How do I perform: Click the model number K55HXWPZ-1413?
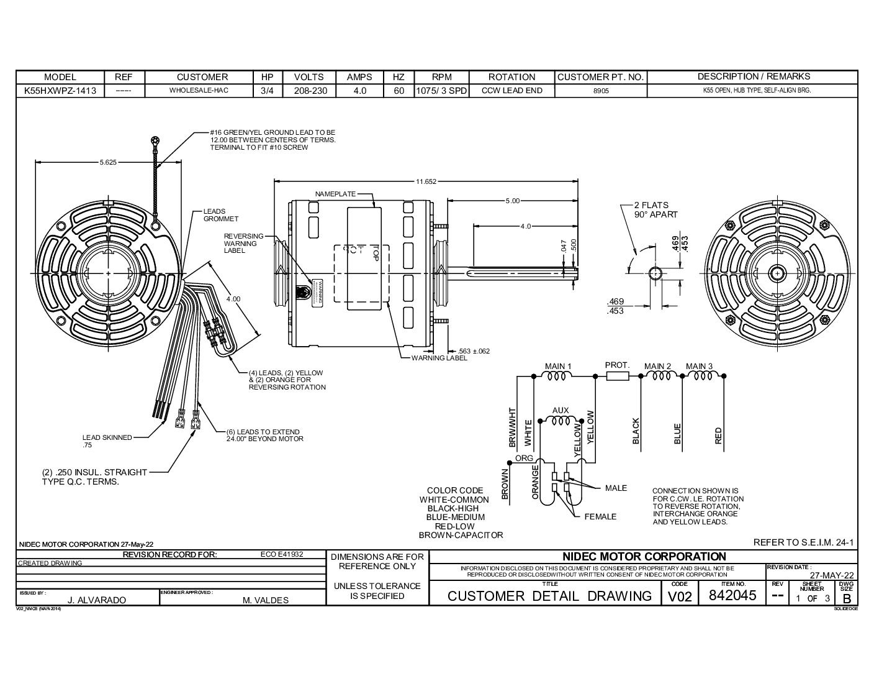(x=60, y=91)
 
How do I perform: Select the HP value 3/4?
(x=268, y=91)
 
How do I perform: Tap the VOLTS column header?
(x=309, y=77)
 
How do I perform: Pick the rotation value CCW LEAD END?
(x=511, y=91)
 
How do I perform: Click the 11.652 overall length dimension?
(x=426, y=181)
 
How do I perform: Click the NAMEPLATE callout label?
(x=335, y=194)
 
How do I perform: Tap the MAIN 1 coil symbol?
(x=557, y=376)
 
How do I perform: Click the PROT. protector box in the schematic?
(x=617, y=376)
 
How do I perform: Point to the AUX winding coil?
(x=561, y=421)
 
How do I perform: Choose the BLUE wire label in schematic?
(x=677, y=434)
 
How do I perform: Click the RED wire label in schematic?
(x=718, y=435)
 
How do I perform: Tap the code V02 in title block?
(x=679, y=596)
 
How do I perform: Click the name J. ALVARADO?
(x=96, y=600)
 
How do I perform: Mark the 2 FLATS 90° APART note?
(x=655, y=209)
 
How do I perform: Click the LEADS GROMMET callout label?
(x=220, y=215)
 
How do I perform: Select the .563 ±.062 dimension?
(x=473, y=351)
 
